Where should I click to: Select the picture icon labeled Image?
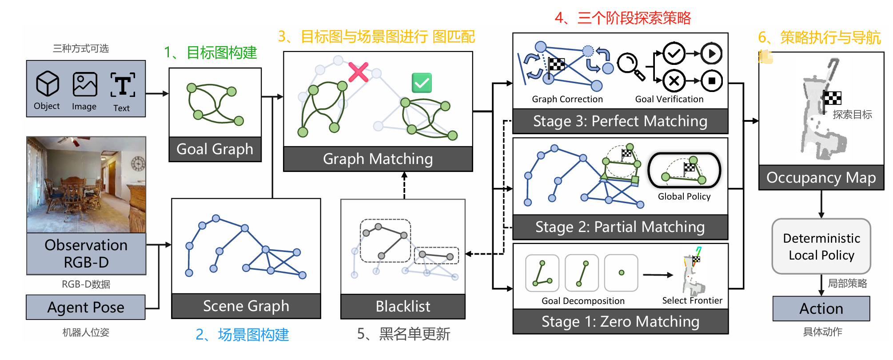[x=85, y=84]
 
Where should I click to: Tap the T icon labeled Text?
[x=122, y=85]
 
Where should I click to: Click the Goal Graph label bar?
[x=215, y=149]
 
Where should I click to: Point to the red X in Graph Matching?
[x=358, y=72]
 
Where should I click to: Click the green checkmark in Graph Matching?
[x=422, y=83]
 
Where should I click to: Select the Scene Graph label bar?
[x=246, y=306]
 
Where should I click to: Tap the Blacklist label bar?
[x=403, y=306]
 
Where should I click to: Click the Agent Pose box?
[x=86, y=307]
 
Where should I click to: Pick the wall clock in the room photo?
[x=138, y=164]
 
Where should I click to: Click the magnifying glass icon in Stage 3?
[x=631, y=66]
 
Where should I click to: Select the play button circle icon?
[x=712, y=54]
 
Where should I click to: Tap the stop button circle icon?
[x=712, y=81]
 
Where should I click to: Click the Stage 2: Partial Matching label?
[x=620, y=227]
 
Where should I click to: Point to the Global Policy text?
[x=684, y=196]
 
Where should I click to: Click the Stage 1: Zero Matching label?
[x=620, y=321]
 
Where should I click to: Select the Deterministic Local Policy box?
[x=821, y=247]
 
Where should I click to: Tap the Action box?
[x=821, y=308]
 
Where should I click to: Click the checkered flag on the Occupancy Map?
[x=832, y=98]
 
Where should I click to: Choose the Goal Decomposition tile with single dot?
[x=621, y=273]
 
